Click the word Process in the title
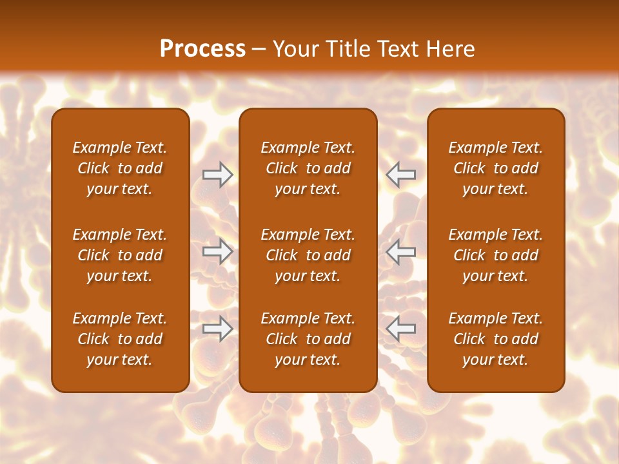(202, 49)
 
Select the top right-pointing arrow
(217, 175)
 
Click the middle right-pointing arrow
(217, 252)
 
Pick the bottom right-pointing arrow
(217, 329)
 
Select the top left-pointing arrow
(401, 175)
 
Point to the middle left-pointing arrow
(401, 252)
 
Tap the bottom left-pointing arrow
(401, 329)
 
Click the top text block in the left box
(120, 168)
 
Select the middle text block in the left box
(120, 255)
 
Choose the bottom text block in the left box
(120, 339)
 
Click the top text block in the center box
(308, 168)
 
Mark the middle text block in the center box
(308, 255)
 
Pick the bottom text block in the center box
(308, 339)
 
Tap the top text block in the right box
(496, 168)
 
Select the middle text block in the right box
(496, 255)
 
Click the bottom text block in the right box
(496, 339)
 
